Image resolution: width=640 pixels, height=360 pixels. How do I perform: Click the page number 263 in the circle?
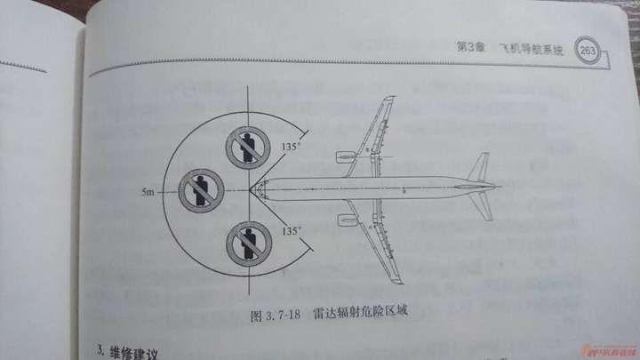point(588,52)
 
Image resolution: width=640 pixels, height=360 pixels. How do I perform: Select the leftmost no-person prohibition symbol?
point(200,190)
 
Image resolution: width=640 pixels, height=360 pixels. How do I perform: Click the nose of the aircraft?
point(255,188)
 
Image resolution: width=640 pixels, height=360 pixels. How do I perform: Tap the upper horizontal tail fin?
point(481,165)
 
